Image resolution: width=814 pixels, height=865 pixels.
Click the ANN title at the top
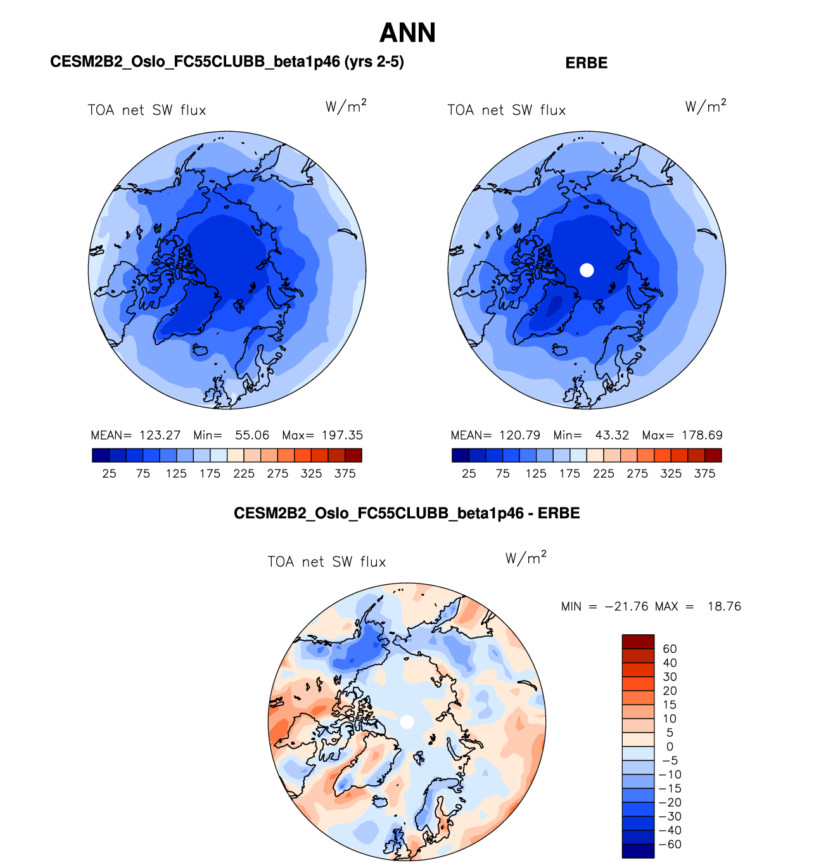coord(407,33)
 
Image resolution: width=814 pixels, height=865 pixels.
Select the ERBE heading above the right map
coord(586,63)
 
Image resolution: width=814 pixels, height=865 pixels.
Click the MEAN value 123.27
coord(160,435)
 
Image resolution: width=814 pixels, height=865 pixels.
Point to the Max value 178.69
coord(702,435)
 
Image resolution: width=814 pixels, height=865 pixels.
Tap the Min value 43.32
coord(612,435)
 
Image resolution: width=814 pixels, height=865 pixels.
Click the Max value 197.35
coord(342,435)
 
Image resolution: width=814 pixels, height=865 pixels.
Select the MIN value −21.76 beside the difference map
coord(626,606)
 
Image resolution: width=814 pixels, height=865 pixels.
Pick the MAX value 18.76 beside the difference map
coord(724,606)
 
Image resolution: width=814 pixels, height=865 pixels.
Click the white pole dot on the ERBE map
coord(587,270)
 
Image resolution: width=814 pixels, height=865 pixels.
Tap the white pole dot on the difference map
coord(407,722)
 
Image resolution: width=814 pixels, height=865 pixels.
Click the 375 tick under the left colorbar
coord(345,473)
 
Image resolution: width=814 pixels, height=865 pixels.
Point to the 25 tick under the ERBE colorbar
coord(469,473)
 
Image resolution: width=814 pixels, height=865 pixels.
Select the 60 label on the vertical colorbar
coord(670,649)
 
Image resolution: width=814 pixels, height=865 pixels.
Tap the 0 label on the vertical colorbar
coord(670,746)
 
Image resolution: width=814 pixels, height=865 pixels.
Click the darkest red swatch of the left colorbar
coord(353,455)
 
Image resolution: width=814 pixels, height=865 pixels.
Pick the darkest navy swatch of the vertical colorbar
coord(638,851)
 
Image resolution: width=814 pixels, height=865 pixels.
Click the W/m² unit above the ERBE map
coord(706,106)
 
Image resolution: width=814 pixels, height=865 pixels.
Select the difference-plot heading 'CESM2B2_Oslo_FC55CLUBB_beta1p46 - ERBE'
coord(407,513)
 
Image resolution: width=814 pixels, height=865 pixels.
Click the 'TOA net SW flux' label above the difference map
coord(326,562)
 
